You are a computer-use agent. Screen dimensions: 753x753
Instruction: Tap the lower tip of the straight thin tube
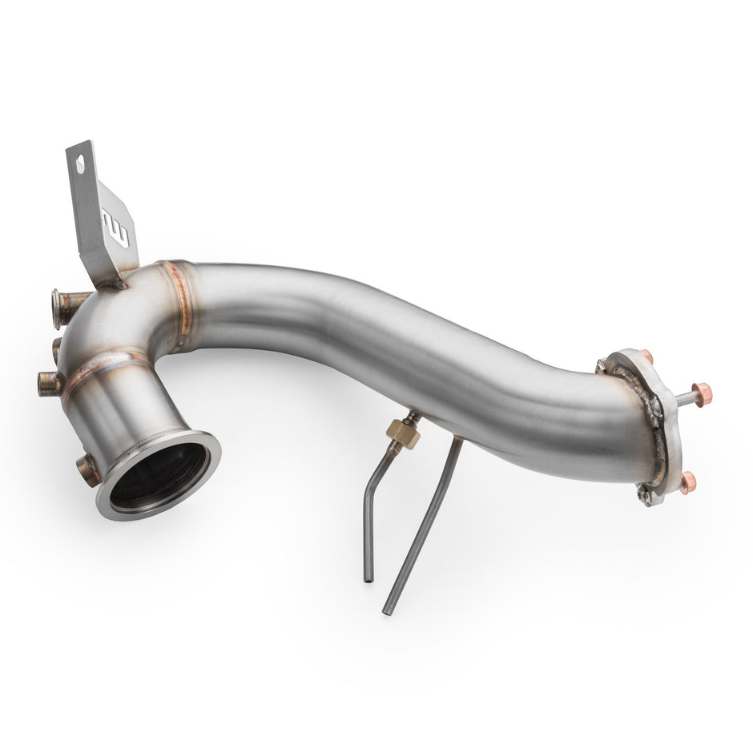click(388, 610)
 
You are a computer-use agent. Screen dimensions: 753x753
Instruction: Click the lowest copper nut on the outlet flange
click(687, 483)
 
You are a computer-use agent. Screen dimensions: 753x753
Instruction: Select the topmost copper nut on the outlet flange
click(646, 357)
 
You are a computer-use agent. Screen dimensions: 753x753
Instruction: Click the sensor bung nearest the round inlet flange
click(87, 468)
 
